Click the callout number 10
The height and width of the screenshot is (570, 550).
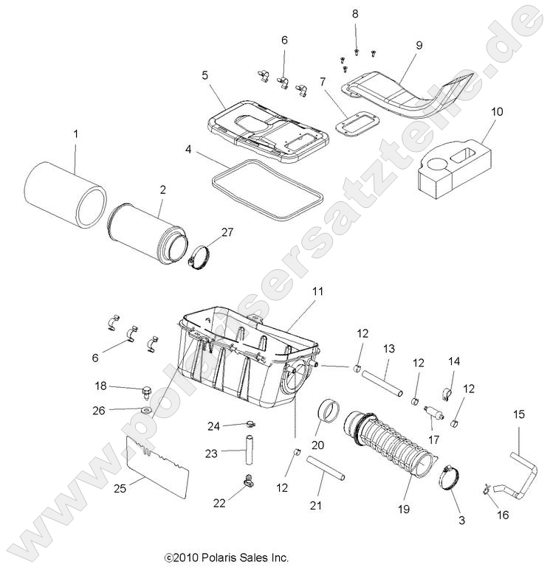pos(497,111)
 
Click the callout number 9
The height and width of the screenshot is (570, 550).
pos(419,46)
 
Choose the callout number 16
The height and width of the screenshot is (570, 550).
pos(503,515)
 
